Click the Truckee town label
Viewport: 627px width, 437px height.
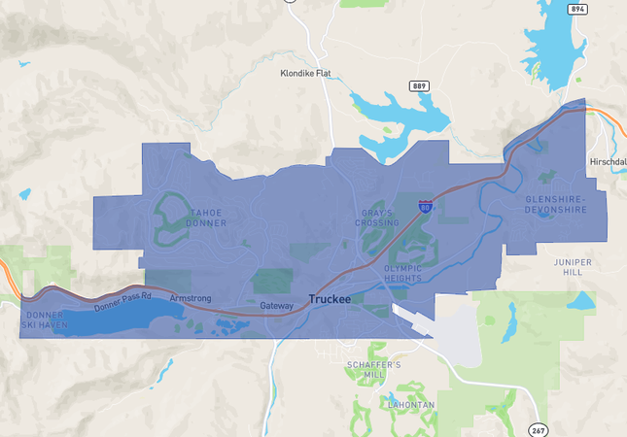tap(330, 300)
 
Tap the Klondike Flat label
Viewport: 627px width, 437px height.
tap(307, 73)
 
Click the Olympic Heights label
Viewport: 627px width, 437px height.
tap(403, 273)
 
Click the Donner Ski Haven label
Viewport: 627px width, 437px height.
tap(45, 319)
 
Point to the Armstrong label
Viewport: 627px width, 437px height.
tap(191, 297)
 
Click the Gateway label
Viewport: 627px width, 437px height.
tap(276, 306)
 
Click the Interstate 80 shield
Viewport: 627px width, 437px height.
tap(426, 207)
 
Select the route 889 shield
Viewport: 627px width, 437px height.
tap(419, 85)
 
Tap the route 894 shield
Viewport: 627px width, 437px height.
tap(578, 9)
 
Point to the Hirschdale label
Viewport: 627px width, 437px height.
tap(608, 160)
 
